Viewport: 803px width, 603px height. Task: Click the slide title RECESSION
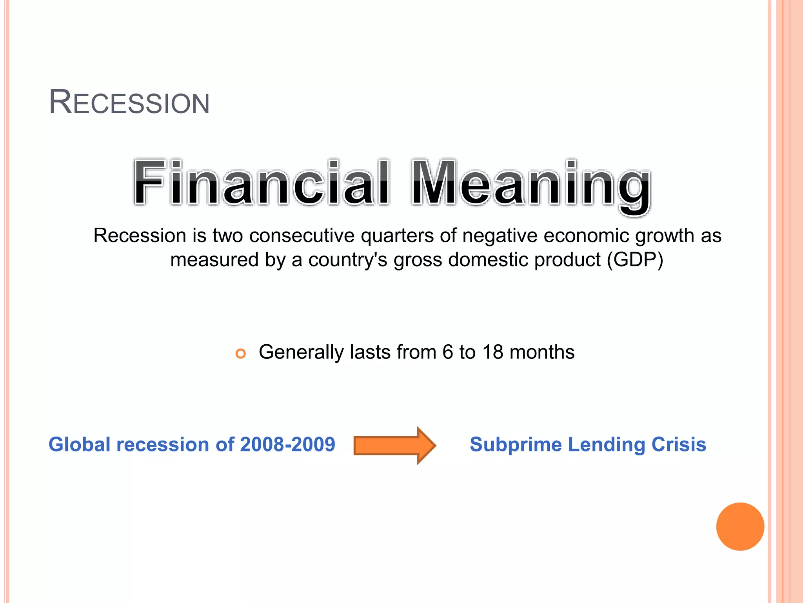coord(129,102)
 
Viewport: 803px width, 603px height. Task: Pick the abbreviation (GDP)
coord(635,260)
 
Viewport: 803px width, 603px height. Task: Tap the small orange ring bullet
coord(240,353)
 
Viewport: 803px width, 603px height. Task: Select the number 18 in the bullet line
coord(492,352)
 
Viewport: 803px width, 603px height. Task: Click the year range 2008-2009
coord(287,445)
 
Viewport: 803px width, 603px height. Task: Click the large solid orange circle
coord(740,526)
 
